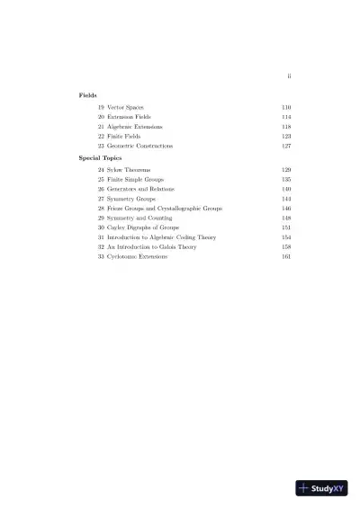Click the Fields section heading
[x=87, y=94]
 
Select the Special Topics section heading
[x=99, y=157]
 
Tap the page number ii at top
[x=288, y=76]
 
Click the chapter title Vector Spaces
[x=125, y=107]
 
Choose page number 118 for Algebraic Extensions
[x=286, y=127]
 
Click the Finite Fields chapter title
[x=123, y=136]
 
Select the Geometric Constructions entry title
[x=139, y=146]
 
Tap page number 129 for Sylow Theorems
[x=286, y=170]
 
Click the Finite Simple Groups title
[x=133, y=180]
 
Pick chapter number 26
[x=102, y=190]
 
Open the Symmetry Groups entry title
[x=130, y=199]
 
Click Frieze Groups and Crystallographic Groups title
[x=164, y=209]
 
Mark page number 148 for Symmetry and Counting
[x=286, y=218]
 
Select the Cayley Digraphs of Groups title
[x=139, y=228]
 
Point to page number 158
[x=286, y=247]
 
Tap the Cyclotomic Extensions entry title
[x=137, y=257]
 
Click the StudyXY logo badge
[x=321, y=488]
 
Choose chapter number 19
[x=102, y=107]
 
